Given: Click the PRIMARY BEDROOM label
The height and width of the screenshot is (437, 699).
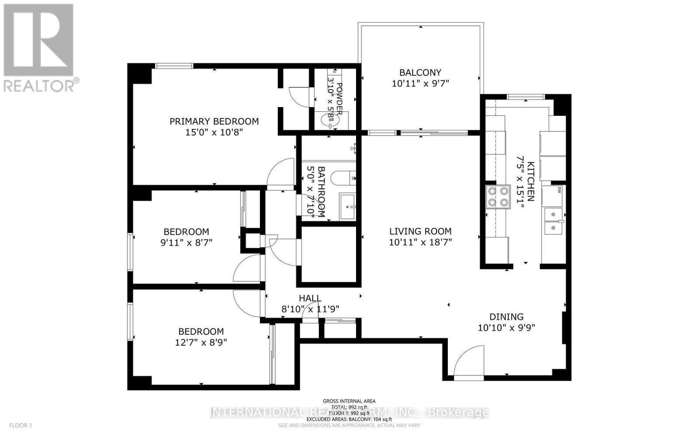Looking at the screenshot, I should tap(214, 121).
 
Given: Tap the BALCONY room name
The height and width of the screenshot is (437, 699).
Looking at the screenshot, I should tap(420, 73).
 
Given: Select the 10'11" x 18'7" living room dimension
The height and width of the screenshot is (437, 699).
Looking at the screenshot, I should tap(420, 242).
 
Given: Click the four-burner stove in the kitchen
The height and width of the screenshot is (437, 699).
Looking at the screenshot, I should tap(498, 197).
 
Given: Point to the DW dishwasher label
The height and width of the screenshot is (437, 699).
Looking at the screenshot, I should tap(558, 190).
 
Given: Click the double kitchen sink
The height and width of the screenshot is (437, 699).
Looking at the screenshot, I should tap(553, 221).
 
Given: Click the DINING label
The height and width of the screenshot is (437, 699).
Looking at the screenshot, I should tap(506, 317).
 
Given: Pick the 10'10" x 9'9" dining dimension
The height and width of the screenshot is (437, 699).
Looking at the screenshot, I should tap(506, 328).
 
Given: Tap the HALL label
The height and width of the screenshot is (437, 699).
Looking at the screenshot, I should tap(310, 298).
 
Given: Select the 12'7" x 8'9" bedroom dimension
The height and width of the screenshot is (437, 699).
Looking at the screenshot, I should tap(201, 343).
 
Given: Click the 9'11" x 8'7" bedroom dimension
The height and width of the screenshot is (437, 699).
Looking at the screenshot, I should tap(187, 243).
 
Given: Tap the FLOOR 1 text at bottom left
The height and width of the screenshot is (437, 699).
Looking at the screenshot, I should tap(21, 425).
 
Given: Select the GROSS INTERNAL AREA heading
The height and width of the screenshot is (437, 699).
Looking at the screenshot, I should tap(349, 401).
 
